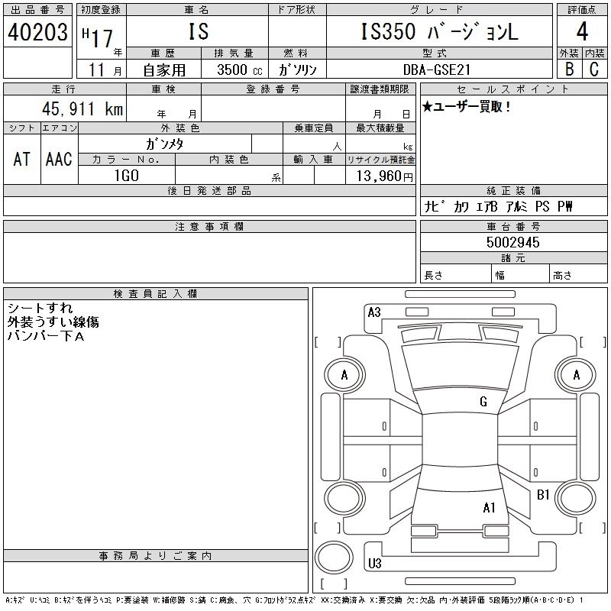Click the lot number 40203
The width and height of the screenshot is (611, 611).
37,33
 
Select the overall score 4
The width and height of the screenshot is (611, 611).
582,33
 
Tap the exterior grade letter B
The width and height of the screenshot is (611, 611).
569,69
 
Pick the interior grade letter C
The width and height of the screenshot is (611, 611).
594,69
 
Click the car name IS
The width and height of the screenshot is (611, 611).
197,32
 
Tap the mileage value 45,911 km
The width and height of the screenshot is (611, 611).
76,109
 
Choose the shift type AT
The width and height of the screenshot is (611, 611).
21,159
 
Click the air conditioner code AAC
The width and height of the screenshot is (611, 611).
59,159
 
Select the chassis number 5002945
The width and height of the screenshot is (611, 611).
513,242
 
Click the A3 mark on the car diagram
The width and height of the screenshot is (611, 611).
374,312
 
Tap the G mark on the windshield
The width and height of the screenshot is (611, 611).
483,402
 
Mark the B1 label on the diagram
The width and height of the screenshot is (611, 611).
543,495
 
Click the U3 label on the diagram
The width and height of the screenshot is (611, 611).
374,564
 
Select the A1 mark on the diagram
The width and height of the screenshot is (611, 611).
490,507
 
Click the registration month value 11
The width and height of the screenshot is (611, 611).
96,70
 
